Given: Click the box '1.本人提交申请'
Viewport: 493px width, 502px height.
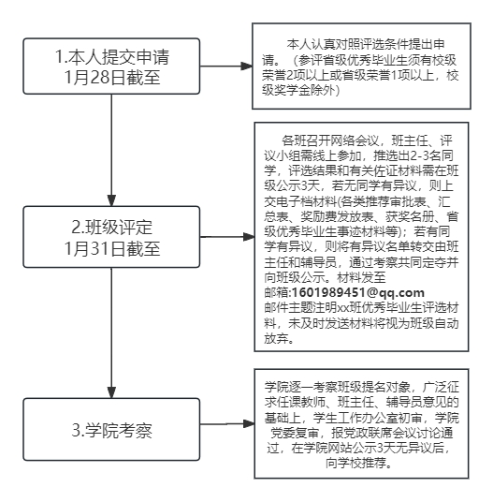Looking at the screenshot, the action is point(111,66).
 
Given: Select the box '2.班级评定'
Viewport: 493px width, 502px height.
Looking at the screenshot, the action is point(111,237).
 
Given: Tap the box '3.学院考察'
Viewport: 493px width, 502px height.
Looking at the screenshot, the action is point(111,429).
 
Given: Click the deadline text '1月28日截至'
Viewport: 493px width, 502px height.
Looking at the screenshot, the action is point(112,77).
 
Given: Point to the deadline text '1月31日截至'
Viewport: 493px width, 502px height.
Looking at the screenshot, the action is point(112,248).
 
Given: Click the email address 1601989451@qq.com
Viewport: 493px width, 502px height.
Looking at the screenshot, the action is point(358,292).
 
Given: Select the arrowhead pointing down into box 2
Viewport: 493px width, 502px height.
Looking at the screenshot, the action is point(111,200).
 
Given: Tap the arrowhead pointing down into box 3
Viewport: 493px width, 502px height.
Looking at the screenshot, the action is point(111,392).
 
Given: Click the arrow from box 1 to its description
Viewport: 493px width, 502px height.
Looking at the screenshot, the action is point(226,66).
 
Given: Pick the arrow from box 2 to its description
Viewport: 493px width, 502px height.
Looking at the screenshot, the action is point(227,237).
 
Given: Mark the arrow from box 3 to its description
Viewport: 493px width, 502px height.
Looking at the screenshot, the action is point(227,424).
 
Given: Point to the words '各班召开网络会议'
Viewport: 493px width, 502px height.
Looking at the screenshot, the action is point(330,140).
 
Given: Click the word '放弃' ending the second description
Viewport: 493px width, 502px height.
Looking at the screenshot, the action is point(276,338).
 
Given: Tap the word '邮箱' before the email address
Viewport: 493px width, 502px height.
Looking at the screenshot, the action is point(276,292).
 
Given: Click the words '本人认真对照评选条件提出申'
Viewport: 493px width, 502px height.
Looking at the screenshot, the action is point(366,44).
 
